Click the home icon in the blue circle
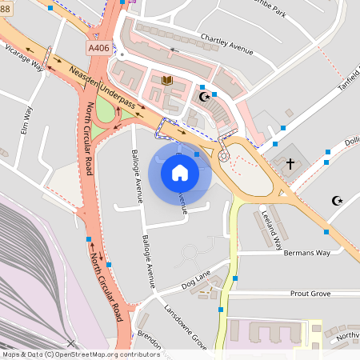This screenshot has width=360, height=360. click(180, 172)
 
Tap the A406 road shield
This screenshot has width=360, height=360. click(99, 48)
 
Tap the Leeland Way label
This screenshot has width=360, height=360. click(272, 227)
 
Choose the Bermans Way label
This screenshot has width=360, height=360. click(306, 253)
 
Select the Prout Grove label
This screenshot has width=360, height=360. click(310, 294)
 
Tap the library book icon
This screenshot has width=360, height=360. click(167, 80)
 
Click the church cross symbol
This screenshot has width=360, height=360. click(290, 163)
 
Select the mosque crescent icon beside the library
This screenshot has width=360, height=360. click(204, 97)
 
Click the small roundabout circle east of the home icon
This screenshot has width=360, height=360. click(223, 156)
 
